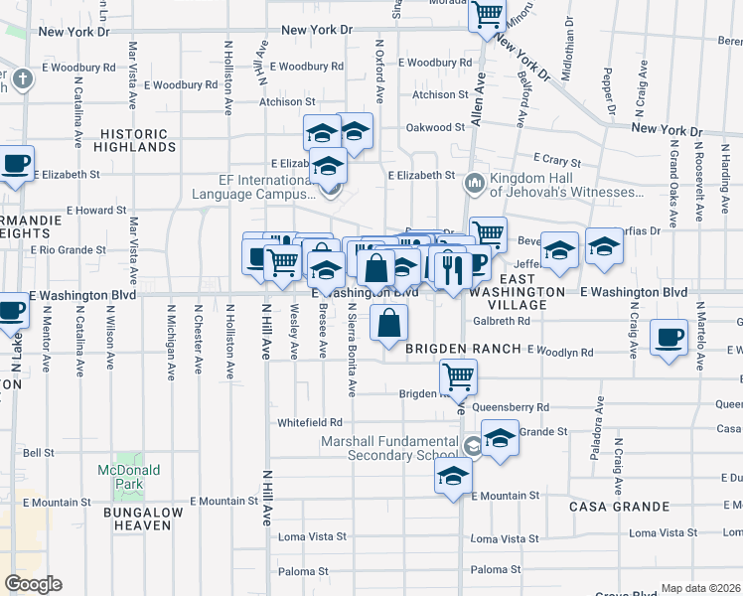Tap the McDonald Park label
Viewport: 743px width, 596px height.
point(121,477)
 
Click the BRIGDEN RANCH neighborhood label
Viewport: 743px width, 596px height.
point(463,350)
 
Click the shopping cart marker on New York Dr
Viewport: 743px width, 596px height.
point(487,16)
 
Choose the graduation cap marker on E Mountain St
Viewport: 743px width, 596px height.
point(453,475)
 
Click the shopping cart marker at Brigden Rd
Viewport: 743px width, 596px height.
point(458,375)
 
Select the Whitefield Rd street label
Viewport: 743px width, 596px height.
point(310,421)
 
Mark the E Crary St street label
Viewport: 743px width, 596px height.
point(554,158)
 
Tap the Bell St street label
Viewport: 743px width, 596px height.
point(38,452)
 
